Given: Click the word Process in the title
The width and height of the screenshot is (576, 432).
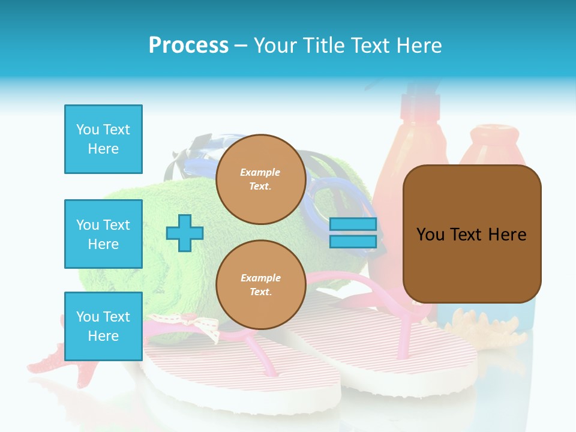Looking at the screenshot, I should pyautogui.click(x=188, y=46).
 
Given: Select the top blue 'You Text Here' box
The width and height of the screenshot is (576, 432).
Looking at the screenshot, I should pyautogui.click(x=103, y=139).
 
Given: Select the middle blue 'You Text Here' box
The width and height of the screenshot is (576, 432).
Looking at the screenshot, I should pyautogui.click(x=103, y=234).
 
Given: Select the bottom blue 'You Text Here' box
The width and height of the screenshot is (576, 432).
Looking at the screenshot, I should pyautogui.click(x=103, y=326).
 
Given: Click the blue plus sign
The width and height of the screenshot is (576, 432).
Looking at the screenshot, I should pyautogui.click(x=184, y=233).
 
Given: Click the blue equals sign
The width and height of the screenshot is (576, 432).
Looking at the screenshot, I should pyautogui.click(x=353, y=233).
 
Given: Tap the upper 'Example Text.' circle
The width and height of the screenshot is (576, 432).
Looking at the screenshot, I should pyautogui.click(x=260, y=179).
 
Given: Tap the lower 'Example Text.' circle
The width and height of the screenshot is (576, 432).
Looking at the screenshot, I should pyautogui.click(x=260, y=285).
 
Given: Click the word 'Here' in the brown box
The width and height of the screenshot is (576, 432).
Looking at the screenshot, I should pyautogui.click(x=507, y=235).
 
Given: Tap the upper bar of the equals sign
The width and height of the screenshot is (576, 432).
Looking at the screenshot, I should pyautogui.click(x=353, y=224).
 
